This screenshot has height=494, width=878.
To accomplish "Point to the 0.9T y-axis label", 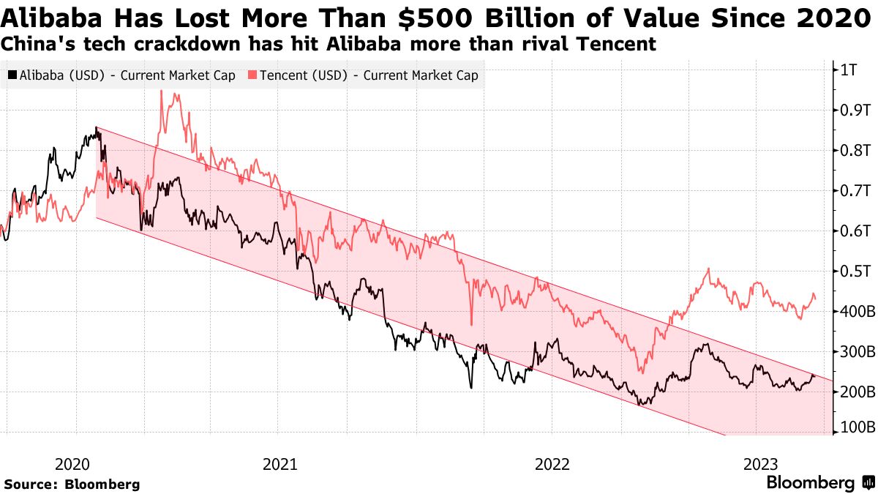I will tap(854, 111).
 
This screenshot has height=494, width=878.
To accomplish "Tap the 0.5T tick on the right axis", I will tap(854, 272).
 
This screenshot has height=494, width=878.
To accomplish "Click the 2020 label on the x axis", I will tap(72, 464).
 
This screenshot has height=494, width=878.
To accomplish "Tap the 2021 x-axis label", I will tap(279, 464).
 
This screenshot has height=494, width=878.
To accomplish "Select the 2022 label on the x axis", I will tap(552, 464).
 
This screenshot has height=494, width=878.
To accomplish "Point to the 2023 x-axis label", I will tap(760, 464).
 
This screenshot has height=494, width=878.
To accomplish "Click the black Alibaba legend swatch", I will tap(12, 75).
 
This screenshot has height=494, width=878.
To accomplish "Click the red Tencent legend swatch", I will tap(253, 75).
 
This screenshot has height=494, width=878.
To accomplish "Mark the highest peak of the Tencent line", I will tap(161, 91).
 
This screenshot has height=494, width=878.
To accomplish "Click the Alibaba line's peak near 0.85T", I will tap(97, 129).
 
